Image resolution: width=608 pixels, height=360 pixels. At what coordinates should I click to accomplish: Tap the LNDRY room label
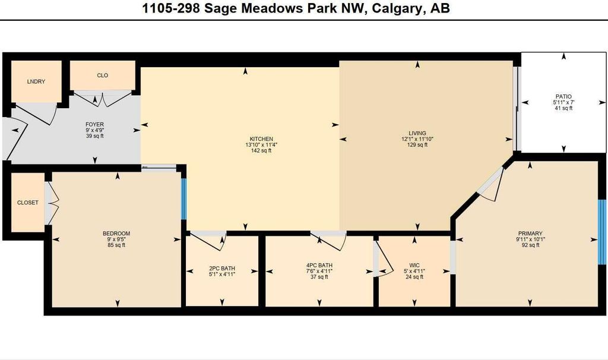click(36, 81)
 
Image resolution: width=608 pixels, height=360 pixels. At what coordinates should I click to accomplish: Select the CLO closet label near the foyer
click(102, 75)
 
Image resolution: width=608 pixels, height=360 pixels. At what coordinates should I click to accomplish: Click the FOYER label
click(95, 125)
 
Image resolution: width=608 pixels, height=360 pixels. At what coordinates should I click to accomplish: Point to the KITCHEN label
click(261, 139)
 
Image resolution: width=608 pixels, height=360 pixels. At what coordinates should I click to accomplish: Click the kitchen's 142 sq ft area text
click(261, 151)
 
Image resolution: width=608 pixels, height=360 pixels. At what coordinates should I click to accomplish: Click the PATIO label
click(563, 96)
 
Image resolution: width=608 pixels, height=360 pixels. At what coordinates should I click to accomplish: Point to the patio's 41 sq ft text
click(563, 108)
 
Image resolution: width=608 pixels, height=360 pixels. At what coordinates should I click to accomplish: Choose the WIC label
click(414, 265)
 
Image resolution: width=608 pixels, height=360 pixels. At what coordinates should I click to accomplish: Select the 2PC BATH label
click(222, 269)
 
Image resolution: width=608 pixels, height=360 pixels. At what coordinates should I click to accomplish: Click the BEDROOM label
click(116, 233)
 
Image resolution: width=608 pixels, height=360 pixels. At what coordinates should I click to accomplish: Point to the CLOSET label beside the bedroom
click(27, 203)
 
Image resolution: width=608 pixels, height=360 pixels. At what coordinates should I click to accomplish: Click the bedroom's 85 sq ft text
click(116, 245)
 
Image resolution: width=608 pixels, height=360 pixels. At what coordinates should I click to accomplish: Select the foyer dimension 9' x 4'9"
click(95, 131)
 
